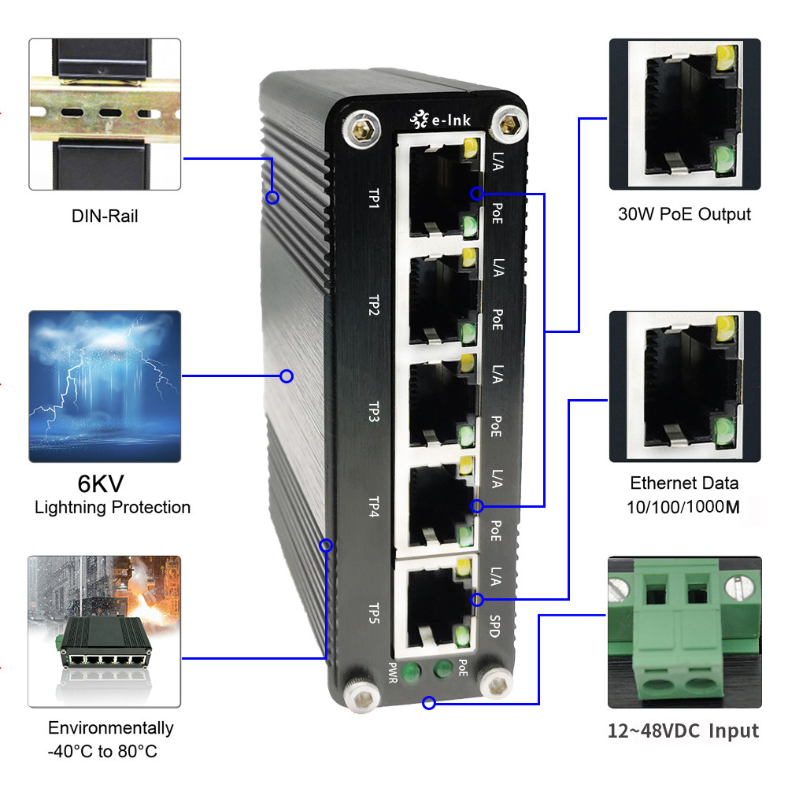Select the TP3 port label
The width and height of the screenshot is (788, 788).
(375, 410)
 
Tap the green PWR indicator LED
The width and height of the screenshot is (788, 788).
(409, 671)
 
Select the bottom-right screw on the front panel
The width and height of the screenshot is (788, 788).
(496, 681)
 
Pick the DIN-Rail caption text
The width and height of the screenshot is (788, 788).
(105, 216)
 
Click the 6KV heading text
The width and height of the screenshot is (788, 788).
(100, 483)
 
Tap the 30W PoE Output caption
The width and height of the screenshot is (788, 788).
(685, 214)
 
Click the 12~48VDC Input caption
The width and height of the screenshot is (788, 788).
(683, 731)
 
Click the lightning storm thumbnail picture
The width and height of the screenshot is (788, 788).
(105, 386)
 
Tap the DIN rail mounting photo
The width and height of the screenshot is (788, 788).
(105, 113)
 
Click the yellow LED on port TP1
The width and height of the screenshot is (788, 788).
(472, 147)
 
